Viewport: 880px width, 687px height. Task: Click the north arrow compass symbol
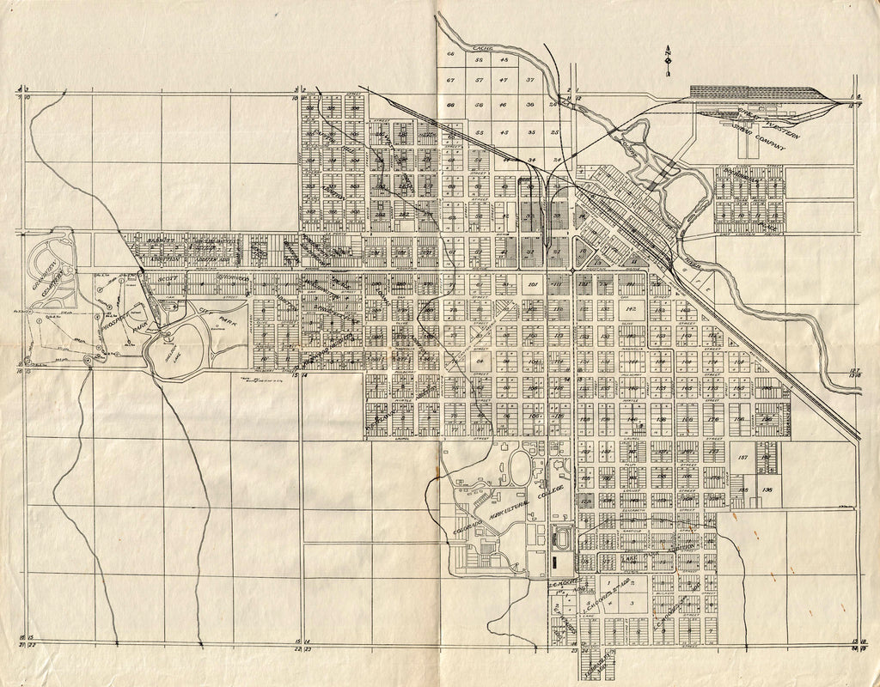click(x=667, y=61)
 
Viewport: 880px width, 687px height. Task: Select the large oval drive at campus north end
click(x=520, y=469)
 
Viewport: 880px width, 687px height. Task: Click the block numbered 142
click(x=630, y=308)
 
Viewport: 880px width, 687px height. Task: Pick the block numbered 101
click(x=532, y=284)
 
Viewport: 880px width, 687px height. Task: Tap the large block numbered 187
click(x=743, y=459)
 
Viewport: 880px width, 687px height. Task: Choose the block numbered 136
click(x=767, y=490)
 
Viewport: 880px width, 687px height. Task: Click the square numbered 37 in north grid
click(x=530, y=80)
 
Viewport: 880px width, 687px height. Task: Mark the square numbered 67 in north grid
click(x=450, y=80)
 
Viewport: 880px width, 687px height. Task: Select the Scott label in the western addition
click(x=168, y=279)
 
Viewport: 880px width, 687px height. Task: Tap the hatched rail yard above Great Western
click(x=748, y=91)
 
